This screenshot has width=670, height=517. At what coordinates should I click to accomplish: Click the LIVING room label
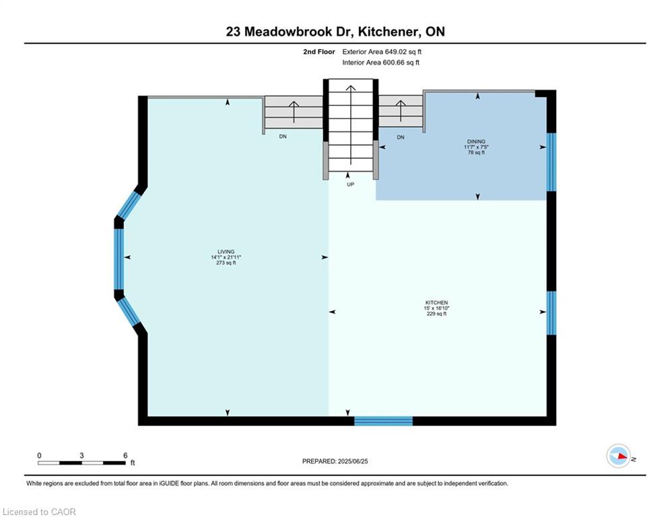[x=226, y=252]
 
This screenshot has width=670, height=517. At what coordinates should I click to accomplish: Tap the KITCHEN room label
[x=436, y=302]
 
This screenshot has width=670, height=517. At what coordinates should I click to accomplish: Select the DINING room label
[x=476, y=141]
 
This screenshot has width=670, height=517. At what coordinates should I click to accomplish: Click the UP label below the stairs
[x=350, y=184]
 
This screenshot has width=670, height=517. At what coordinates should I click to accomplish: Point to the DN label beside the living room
[x=283, y=137]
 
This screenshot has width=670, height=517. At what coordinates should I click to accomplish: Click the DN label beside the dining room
[x=401, y=137]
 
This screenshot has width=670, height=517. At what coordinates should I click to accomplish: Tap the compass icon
[x=619, y=456]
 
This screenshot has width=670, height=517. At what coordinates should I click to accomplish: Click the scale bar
[x=81, y=462]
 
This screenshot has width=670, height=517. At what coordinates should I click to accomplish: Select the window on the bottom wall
[x=383, y=421]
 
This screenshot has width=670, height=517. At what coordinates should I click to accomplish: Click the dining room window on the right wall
[x=551, y=162]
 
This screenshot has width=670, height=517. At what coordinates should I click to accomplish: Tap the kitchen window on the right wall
[x=551, y=313]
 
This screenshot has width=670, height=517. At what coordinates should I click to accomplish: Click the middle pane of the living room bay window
[x=119, y=259]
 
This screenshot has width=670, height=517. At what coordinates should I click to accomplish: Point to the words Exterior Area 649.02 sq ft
[x=382, y=52]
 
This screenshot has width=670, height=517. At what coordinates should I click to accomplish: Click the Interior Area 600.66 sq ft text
[x=380, y=63]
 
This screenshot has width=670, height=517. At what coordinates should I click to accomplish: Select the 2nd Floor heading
[x=319, y=52]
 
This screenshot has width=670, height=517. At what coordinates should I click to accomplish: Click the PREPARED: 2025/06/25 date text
[x=335, y=461]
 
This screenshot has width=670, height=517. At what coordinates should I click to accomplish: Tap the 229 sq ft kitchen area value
[x=436, y=314]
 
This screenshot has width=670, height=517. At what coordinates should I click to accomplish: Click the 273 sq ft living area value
[x=226, y=263]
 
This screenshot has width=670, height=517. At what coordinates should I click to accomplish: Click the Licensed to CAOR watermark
[x=39, y=512]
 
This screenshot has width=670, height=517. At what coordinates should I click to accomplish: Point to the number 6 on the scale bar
[x=125, y=456]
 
